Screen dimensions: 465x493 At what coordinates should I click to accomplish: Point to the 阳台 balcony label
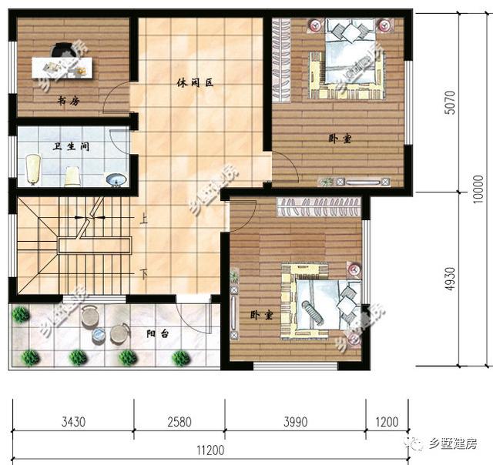tap(158, 334)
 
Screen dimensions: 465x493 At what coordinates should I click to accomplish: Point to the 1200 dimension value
tap(387, 422)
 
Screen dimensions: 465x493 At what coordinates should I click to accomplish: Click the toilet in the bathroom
tap(34, 169)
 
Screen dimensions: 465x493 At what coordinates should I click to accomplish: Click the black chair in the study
tap(60, 51)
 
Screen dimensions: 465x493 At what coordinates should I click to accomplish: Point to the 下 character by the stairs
tap(144, 273)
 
